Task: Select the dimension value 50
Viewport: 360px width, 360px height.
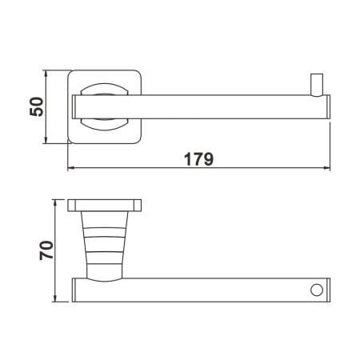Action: click(x=36, y=107)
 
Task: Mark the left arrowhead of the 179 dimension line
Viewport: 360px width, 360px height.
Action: click(x=70, y=170)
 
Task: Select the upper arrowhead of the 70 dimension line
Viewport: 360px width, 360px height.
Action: click(x=55, y=201)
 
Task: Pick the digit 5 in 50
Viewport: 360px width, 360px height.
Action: click(x=36, y=114)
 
